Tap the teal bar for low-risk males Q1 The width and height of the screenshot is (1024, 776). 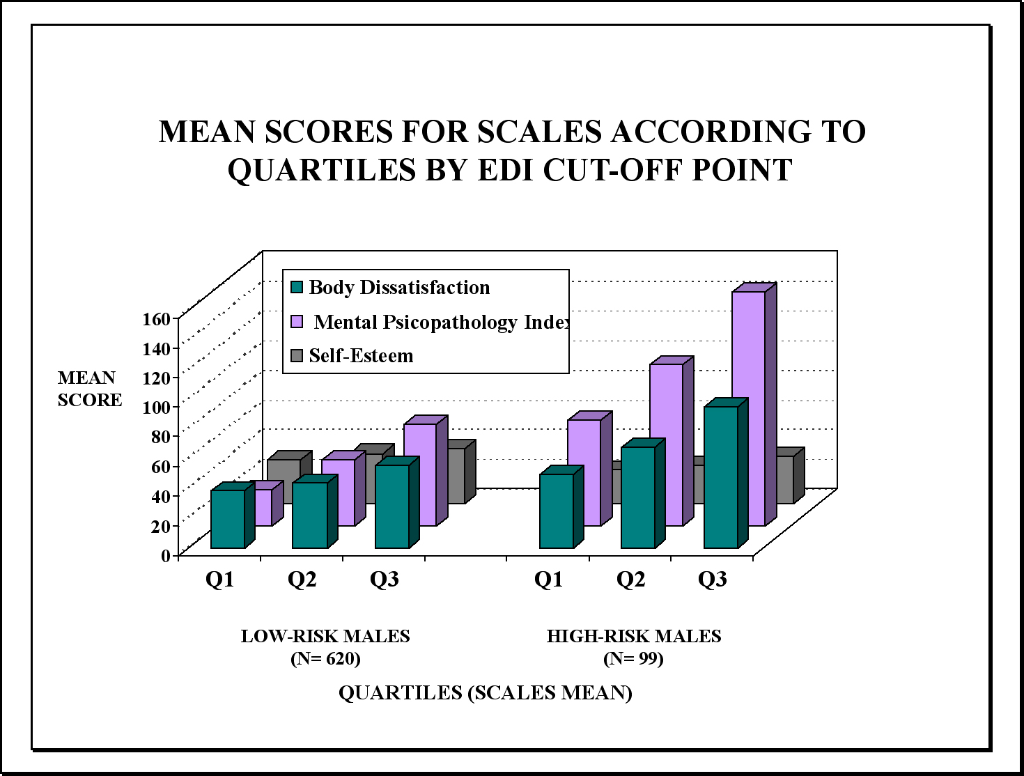click(233, 515)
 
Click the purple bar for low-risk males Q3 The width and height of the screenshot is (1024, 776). click(426, 470)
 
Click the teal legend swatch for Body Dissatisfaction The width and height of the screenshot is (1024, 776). click(297, 287)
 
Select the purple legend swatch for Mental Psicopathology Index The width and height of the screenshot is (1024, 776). click(297, 322)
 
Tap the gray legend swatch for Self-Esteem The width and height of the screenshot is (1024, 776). click(297, 356)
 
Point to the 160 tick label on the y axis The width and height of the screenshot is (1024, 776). click(157, 319)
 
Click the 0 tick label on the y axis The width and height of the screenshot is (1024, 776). click(166, 555)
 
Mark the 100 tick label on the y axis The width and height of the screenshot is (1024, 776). click(157, 408)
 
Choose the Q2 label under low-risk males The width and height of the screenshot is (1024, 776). click(302, 580)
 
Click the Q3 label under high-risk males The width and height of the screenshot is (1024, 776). click(713, 580)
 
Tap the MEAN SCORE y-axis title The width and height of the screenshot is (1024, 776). click(90, 389)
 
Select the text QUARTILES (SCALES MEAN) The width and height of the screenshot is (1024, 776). click(485, 693)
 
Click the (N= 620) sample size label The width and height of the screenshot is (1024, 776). click(325, 658)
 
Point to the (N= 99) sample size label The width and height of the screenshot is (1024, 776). click(633, 658)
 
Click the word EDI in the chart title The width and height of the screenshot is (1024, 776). click(506, 169)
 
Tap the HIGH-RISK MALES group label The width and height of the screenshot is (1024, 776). click(634, 636)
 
